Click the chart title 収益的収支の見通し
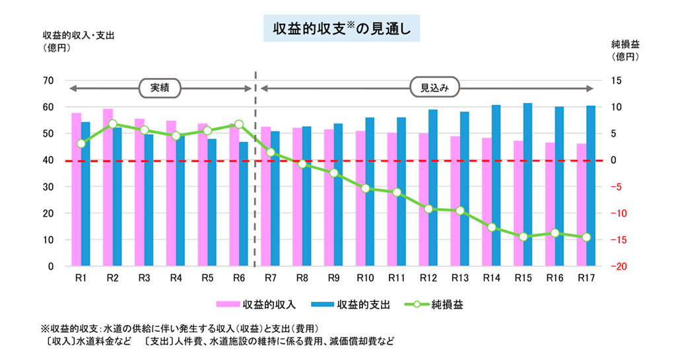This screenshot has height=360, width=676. [341, 29]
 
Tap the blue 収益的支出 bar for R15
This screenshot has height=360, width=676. [527, 184]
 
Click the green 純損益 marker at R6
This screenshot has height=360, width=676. [239, 124]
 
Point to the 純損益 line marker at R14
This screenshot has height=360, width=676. [491, 227]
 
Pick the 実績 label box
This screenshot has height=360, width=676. [160, 87]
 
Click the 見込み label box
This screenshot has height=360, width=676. [434, 87]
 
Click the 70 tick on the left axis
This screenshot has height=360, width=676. [48, 81]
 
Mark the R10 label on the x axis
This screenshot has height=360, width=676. [365, 278]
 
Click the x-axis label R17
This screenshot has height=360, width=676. [586, 278]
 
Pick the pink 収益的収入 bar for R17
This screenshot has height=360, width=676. [581, 205]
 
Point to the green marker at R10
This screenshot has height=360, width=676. [365, 188]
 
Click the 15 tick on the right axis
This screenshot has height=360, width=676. [625, 81]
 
